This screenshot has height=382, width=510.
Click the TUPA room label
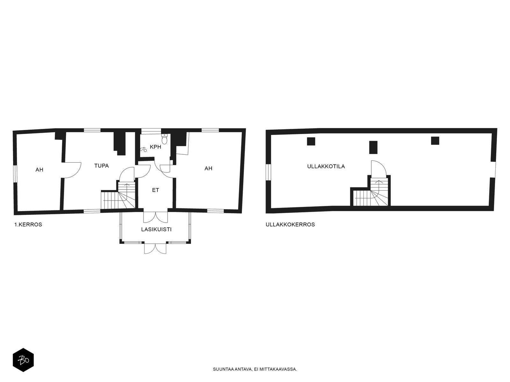[x=102, y=166]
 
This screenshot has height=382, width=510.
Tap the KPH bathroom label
[x=156, y=147]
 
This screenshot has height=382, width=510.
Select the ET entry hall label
[x=156, y=190]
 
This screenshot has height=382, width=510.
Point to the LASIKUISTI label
[x=157, y=230]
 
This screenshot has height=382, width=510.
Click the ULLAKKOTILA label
[x=326, y=166]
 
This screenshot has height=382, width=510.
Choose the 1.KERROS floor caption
[x=28, y=224]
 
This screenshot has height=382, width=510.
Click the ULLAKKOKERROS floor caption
[x=290, y=224]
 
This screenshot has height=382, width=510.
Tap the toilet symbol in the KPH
[x=164, y=139]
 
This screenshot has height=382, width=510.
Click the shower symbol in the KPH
[x=143, y=149]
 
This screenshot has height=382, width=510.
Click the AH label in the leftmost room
[x=39, y=170]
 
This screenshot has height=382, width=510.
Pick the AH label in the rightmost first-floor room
[x=208, y=169]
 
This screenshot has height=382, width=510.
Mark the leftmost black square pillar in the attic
[x=311, y=141]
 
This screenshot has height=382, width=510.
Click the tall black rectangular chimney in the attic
[x=373, y=147]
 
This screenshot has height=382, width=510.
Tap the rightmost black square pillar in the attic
[x=435, y=141]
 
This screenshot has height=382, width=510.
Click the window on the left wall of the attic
[x=268, y=172]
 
